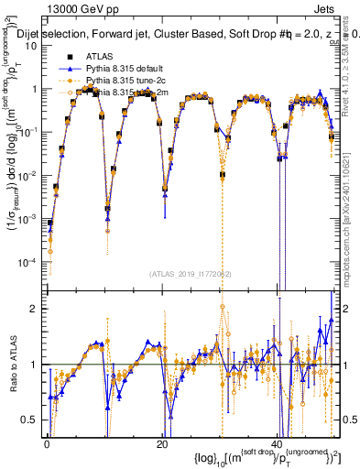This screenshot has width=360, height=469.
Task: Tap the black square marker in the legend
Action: point(66,56)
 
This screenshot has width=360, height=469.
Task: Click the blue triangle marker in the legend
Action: point(66,69)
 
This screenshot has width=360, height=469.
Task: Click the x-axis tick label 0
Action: point(47,445)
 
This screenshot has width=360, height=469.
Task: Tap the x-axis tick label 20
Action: point(161,445)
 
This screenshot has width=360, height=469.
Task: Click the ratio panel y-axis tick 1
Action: point(37,365)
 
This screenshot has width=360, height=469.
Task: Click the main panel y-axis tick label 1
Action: point(37,90)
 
